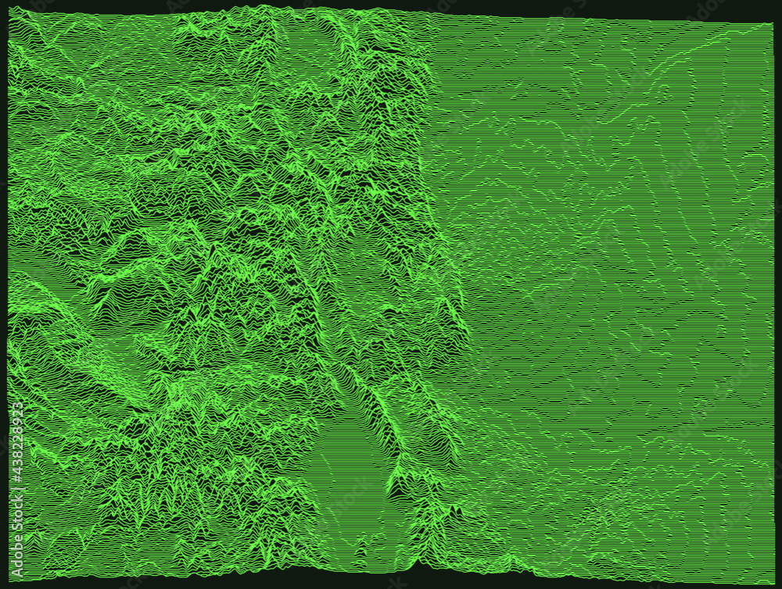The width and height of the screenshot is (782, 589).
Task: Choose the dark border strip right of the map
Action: [777, 297]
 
